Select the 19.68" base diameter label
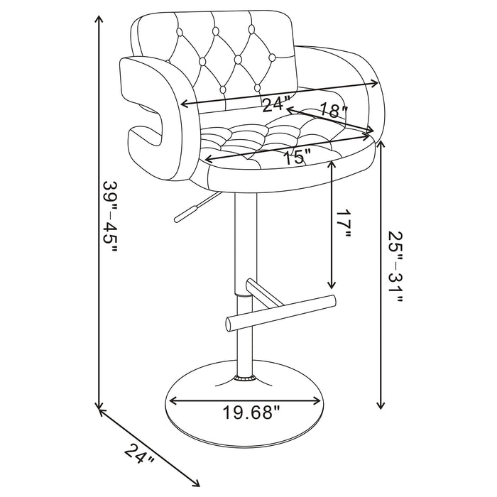pos(248,412)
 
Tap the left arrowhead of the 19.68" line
pos(170,402)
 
